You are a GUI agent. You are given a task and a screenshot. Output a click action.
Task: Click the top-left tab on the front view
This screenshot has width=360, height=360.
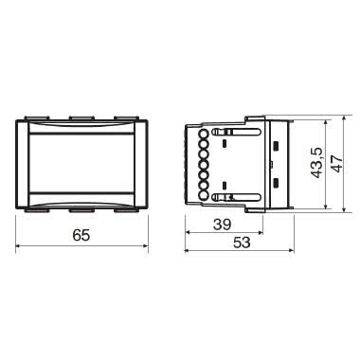coord(37,118)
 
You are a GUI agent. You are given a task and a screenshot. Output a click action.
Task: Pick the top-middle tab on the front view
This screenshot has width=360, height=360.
coord(79,118)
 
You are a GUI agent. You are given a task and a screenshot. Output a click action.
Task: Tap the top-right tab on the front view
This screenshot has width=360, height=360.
coord(122,118)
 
